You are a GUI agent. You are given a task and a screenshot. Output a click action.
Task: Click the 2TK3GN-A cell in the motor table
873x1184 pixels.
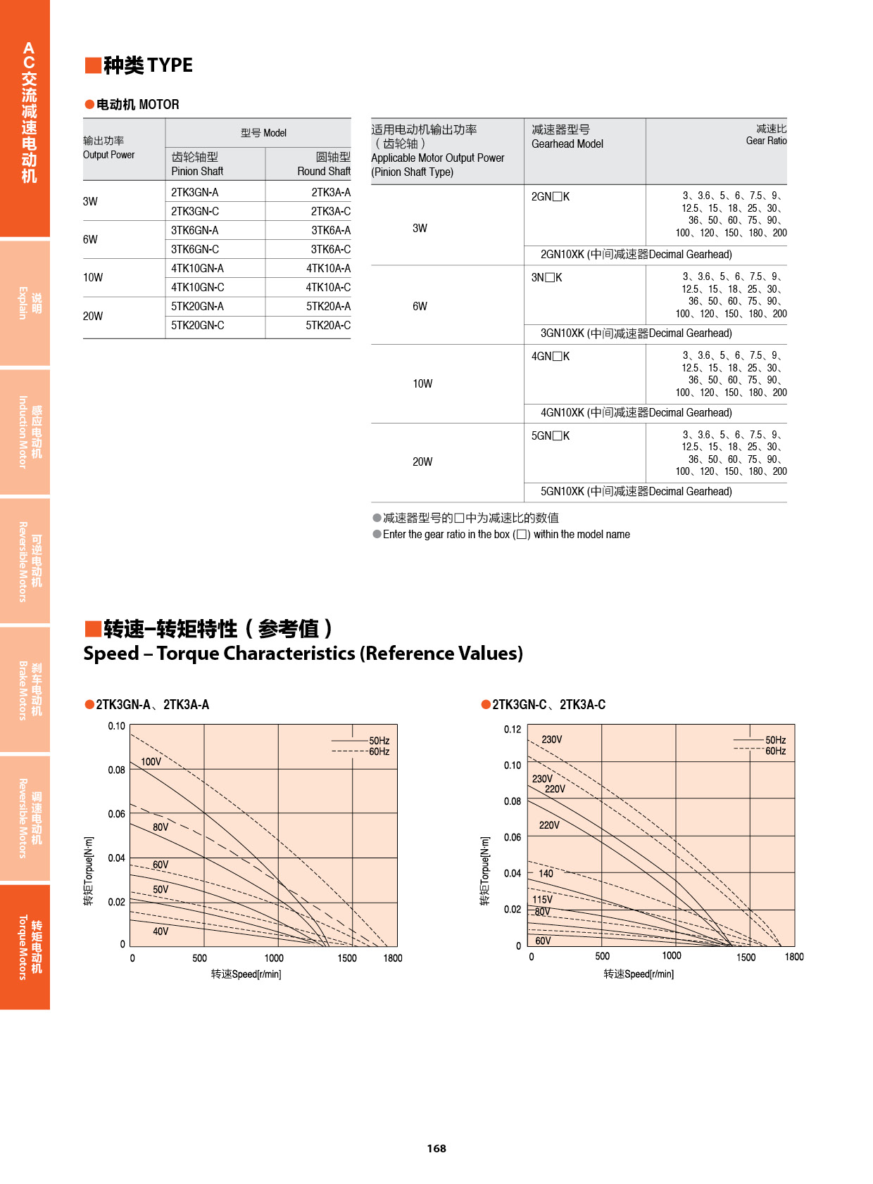point(195,192)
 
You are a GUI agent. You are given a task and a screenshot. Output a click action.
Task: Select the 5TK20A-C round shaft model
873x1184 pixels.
point(328,326)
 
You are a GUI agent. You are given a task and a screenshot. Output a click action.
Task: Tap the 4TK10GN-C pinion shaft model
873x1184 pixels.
point(198,288)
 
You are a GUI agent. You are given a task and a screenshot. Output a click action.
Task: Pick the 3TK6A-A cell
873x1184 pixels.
point(331,231)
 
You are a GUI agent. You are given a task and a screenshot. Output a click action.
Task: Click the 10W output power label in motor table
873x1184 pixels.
point(93,278)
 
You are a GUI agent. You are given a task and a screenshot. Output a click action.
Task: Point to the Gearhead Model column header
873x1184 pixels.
point(567,137)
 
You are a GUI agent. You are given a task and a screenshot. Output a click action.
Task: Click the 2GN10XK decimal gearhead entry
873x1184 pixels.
point(636,255)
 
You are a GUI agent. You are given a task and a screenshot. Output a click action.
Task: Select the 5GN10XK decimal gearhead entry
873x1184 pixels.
point(636,492)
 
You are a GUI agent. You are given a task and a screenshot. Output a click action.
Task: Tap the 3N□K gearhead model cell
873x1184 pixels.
point(547,278)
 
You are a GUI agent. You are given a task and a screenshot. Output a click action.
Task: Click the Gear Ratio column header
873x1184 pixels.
point(766,135)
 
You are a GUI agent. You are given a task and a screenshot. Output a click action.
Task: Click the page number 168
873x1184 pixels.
point(436,1149)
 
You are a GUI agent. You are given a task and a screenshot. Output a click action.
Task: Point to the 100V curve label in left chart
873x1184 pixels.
point(151,762)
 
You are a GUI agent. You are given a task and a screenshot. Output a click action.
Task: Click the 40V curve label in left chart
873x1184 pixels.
point(161,931)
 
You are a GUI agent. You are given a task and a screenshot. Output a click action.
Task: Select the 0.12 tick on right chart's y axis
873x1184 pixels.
point(513,730)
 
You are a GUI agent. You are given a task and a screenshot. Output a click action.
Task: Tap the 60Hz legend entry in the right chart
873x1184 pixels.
point(775,751)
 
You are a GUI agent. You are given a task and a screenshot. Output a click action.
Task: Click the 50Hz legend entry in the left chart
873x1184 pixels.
point(379,741)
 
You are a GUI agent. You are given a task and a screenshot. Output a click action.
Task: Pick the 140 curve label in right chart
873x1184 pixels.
point(546,874)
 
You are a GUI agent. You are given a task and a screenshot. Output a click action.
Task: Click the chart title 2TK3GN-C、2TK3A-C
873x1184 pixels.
point(548,705)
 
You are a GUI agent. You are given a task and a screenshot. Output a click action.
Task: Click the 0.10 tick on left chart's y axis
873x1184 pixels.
point(116,727)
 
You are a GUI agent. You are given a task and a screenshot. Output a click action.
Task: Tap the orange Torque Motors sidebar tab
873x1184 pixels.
point(25,947)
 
